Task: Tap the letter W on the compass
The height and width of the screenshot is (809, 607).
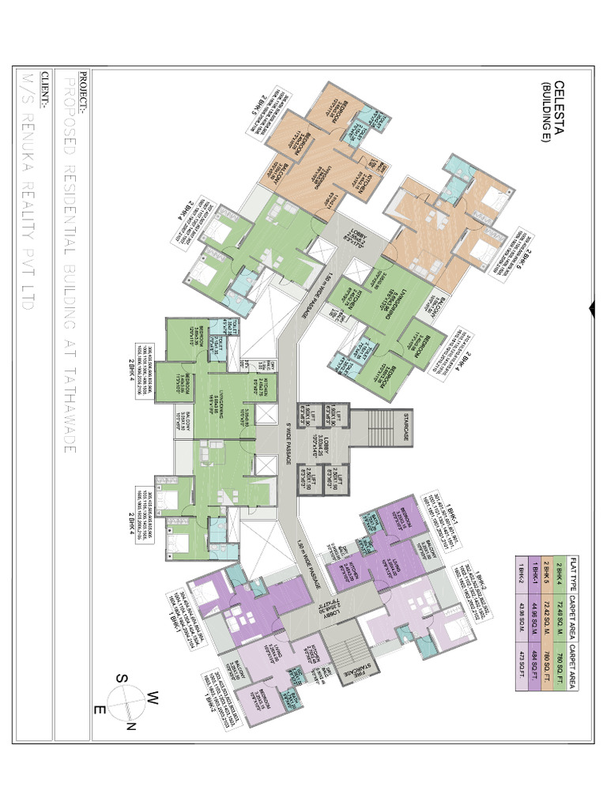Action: (x=153, y=694)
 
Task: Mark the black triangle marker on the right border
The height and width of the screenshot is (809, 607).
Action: (x=590, y=308)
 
